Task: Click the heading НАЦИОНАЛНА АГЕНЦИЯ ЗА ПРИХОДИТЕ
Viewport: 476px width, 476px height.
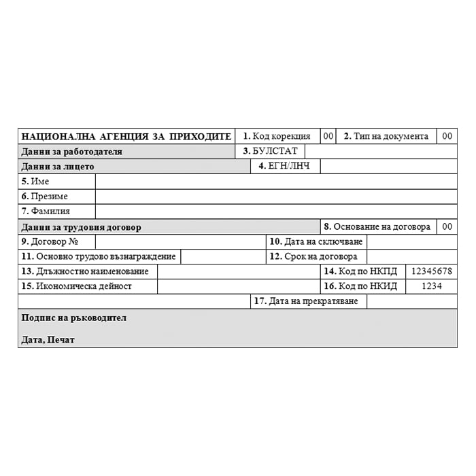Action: click(126, 136)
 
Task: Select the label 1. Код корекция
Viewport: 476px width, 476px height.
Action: click(277, 136)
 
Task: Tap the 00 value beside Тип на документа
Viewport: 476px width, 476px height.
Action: click(447, 136)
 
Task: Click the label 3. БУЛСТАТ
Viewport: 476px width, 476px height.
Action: click(270, 151)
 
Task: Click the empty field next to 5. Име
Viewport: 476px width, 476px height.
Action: click(275, 181)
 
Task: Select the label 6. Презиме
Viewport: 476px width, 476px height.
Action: click(45, 196)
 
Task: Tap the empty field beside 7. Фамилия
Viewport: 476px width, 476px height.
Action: click(275, 211)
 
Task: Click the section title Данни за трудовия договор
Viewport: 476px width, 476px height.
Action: click(82, 226)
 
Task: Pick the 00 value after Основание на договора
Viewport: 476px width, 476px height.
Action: click(447, 226)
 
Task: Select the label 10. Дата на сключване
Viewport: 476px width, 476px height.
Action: click(316, 241)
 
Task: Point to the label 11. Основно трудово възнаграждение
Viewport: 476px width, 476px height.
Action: click(99, 256)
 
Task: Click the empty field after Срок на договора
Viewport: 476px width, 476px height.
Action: click(411, 256)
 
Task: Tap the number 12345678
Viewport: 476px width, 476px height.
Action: click(432, 271)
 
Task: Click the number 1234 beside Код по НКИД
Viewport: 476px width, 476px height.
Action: click(432, 286)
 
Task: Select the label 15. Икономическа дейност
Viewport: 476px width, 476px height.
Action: click(77, 286)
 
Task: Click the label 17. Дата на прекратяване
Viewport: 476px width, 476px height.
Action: click(309, 301)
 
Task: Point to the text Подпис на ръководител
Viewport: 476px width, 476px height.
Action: click(74, 318)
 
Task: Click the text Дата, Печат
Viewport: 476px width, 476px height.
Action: click(48, 339)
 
